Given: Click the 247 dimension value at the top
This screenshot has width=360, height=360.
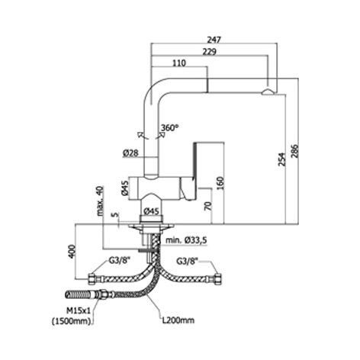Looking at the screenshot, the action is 214,40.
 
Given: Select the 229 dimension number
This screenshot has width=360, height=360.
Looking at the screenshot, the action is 210,52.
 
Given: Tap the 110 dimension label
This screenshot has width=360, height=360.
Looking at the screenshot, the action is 179,63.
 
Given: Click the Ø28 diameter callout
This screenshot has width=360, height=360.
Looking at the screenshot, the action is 130,153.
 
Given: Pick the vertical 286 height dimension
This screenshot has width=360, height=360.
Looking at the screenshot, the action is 294,151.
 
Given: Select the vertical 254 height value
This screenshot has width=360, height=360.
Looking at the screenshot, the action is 281,159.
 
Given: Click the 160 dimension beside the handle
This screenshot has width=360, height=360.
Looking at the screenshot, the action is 220,183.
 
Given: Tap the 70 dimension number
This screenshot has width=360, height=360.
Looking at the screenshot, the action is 208,206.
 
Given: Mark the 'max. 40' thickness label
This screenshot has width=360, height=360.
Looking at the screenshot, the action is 101,201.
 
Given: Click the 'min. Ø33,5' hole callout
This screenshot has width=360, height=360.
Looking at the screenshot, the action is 186,240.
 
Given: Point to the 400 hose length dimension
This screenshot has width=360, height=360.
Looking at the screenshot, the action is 72,252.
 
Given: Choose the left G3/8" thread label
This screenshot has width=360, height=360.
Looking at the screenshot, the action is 117,261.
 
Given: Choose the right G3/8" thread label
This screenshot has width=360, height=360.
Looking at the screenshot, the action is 188,261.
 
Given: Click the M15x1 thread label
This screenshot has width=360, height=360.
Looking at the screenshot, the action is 79,310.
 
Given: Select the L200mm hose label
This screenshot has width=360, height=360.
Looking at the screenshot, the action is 178,320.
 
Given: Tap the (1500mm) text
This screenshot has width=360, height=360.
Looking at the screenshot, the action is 72,321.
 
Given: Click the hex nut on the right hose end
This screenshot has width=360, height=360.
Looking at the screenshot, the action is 218,278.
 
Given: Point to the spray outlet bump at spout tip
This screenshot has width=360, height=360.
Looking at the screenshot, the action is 268,92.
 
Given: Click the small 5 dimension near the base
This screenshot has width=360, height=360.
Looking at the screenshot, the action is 116,215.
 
